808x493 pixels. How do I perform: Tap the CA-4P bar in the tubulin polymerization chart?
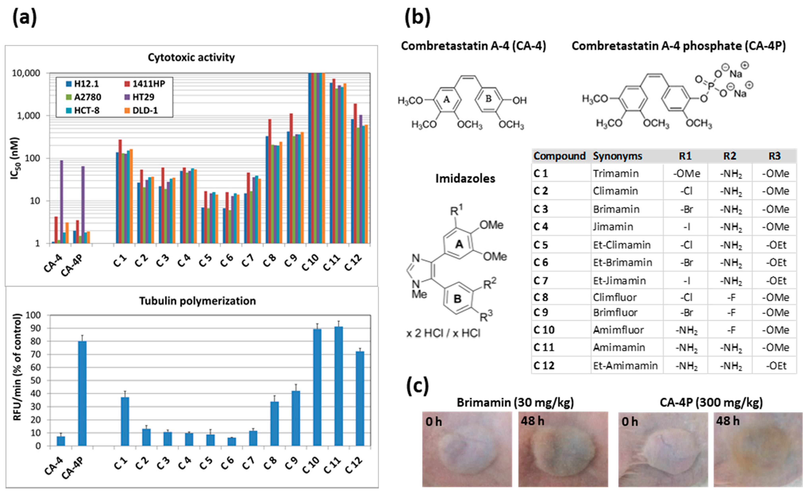tap(82, 393)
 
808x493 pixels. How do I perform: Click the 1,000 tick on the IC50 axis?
tap(26, 116)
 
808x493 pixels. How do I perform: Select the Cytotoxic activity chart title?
tap(191, 57)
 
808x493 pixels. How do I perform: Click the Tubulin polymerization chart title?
tap(197, 301)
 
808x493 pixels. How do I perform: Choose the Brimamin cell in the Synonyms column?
tap(616, 209)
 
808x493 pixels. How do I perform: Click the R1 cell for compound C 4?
tap(686, 227)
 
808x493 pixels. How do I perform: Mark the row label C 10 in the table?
tap(544, 330)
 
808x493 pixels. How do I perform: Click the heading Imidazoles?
tap(465, 178)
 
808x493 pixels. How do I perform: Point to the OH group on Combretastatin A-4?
tap(519, 100)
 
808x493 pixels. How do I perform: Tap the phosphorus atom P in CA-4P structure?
tap(711, 86)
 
